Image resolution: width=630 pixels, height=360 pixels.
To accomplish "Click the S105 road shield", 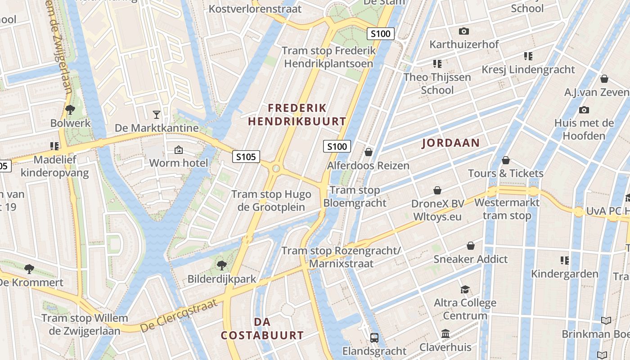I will coord(246,157).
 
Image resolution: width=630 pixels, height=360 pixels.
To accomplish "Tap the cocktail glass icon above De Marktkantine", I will coord(156,114).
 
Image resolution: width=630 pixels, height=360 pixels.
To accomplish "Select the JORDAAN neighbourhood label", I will coord(450,143).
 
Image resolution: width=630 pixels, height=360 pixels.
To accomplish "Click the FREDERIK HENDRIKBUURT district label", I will coord(297,115).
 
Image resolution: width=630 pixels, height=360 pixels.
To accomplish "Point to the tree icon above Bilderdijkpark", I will coord(221,265).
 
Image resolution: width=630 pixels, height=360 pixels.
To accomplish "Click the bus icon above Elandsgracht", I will coord(374,337).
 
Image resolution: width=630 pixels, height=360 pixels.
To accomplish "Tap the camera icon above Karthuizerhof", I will coord(463,31).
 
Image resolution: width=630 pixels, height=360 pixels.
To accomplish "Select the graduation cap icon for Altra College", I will coord(465,289).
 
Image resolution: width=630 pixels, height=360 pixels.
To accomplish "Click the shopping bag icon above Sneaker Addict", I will coord(470,246).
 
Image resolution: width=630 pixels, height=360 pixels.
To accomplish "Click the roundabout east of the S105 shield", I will coord(276,169).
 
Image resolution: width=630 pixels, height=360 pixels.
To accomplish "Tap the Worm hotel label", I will coord(179,163).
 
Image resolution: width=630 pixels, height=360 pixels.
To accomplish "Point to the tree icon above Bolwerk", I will coord(70,109).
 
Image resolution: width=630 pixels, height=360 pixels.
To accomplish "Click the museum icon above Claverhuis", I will coord(445,334).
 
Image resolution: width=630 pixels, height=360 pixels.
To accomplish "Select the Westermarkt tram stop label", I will coord(507,209).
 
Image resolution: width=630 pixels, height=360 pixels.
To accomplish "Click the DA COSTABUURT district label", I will coord(262,328).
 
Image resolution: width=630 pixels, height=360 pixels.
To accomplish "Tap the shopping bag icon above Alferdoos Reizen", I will coord(369,152).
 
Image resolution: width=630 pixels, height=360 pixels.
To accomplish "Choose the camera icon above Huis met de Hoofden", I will coord(584,110).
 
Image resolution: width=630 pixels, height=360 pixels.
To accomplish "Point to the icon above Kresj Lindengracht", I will coord(528,56).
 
